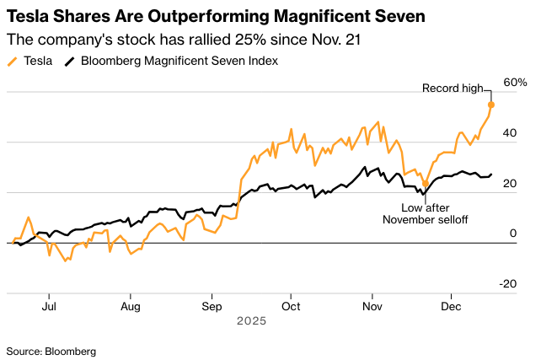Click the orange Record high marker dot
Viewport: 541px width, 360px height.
pyautogui.click(x=491, y=105)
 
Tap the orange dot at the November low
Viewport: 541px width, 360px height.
pyautogui.click(x=426, y=183)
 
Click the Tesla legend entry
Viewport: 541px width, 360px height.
pyautogui.click(x=32, y=61)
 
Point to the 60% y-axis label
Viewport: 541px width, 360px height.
pyautogui.click(x=516, y=83)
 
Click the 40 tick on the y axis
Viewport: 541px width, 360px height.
pyautogui.click(x=510, y=142)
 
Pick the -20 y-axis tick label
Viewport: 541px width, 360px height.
pyautogui.click(x=508, y=284)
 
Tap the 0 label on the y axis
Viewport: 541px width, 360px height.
pyautogui.click(x=512, y=234)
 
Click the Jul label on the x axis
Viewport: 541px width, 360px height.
pyautogui.click(x=50, y=306)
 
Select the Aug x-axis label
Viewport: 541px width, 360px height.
pyautogui.click(x=130, y=306)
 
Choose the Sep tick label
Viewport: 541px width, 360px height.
pyautogui.click(x=212, y=306)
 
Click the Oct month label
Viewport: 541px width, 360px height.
pyautogui.click(x=290, y=306)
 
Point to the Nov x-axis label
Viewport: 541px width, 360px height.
pyautogui.click(x=372, y=306)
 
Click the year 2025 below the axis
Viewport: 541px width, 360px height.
pyautogui.click(x=251, y=321)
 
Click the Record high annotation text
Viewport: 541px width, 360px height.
pyautogui.click(x=452, y=88)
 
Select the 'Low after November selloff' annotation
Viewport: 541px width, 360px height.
pyautogui.click(x=426, y=212)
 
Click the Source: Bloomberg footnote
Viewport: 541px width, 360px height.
pyautogui.click(x=51, y=350)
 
